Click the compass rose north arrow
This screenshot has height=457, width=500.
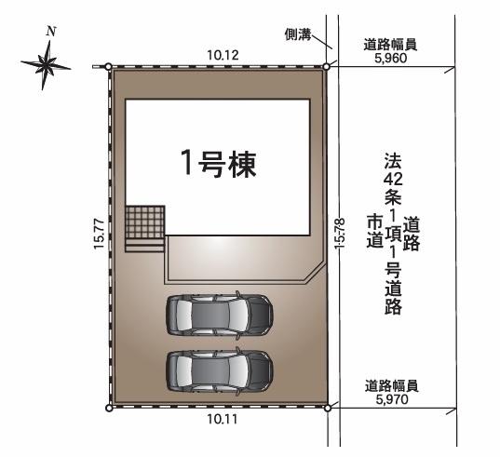[46, 64]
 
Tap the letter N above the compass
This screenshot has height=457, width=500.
[51, 32]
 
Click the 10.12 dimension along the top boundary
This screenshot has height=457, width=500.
[223, 55]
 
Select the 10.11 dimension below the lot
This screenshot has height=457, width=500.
[223, 419]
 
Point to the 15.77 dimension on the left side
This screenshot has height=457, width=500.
[100, 234]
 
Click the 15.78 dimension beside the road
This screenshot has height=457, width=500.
[340, 233]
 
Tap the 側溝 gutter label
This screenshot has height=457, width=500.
[298, 34]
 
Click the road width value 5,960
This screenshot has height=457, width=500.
[391, 58]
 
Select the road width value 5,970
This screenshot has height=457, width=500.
[392, 399]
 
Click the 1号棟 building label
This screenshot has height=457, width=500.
[219, 164]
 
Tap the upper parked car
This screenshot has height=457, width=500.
[220, 315]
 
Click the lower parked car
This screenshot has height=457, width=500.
[220, 371]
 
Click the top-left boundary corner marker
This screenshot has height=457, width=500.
[108, 67]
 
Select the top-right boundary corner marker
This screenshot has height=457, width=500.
[326, 67]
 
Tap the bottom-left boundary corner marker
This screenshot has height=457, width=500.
[109, 408]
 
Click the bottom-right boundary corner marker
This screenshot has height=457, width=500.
[327, 408]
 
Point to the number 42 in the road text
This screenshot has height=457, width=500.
[393, 180]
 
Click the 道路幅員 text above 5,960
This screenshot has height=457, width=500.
[390, 45]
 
